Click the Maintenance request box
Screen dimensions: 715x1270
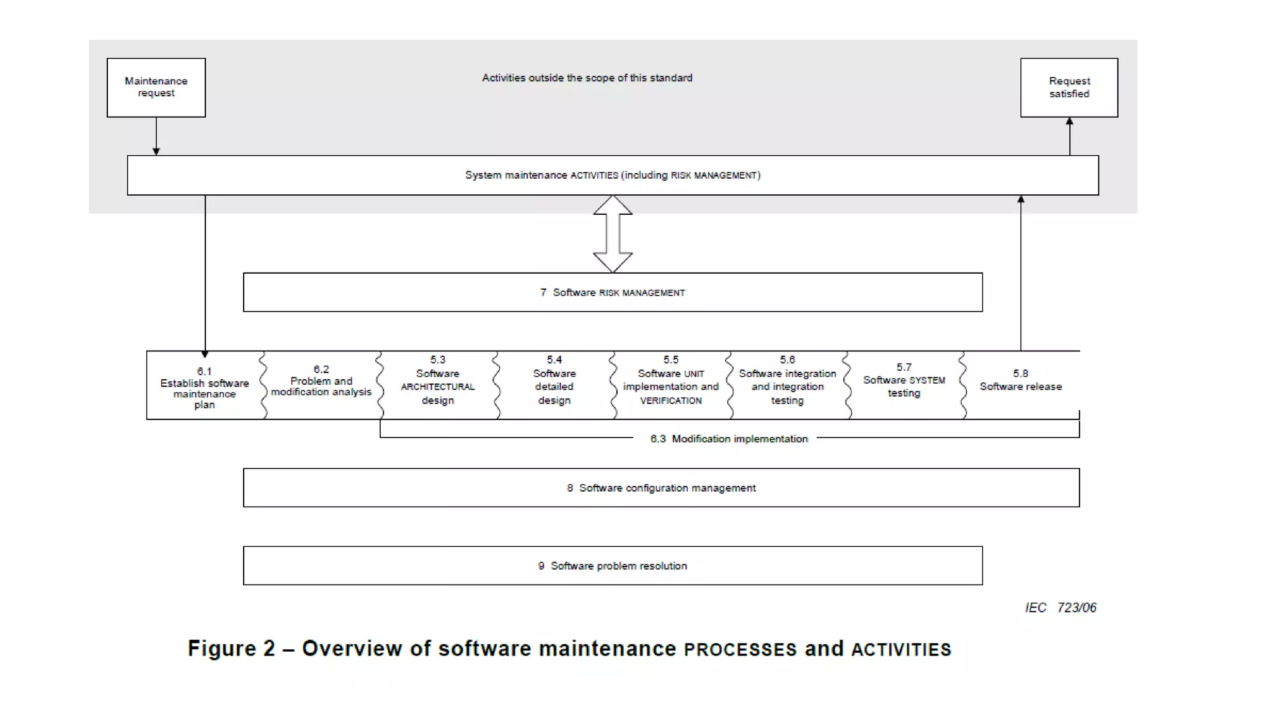point(156,88)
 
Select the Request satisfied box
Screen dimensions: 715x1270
point(1069,88)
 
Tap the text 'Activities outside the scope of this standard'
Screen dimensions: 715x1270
point(587,78)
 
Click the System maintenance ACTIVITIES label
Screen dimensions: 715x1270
point(612,176)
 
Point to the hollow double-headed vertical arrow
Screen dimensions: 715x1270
point(613,234)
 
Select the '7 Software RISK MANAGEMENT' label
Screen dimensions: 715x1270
point(612,292)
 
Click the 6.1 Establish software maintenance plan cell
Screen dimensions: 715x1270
point(204,387)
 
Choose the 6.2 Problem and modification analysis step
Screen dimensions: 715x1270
point(321,380)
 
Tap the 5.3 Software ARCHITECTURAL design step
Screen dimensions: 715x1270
point(437,380)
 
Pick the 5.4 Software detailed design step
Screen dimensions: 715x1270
point(554,380)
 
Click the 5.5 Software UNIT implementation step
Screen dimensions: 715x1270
point(670,380)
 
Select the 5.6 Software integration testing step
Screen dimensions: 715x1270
point(787,380)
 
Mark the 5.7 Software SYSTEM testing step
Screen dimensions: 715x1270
point(904,380)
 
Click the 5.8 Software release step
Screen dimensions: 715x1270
point(1020,380)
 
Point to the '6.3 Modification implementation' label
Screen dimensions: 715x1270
point(729,439)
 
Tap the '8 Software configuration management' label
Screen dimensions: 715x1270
point(661,488)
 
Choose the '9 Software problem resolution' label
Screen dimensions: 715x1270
point(612,566)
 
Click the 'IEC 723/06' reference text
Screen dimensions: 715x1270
point(1060,608)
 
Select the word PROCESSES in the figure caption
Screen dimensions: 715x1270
point(740,649)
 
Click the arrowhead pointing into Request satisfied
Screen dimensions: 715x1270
point(1069,122)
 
